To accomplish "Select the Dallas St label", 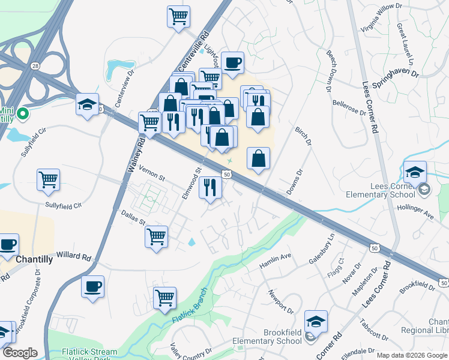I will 133,217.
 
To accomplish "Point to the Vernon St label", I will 152,173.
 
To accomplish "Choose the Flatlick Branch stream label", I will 190,311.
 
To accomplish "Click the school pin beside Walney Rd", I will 88,106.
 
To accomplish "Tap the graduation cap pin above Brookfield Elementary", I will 316,322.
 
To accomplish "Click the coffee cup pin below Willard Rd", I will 93,287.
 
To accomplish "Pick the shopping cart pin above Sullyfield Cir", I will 48,179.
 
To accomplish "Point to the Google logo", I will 20,352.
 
